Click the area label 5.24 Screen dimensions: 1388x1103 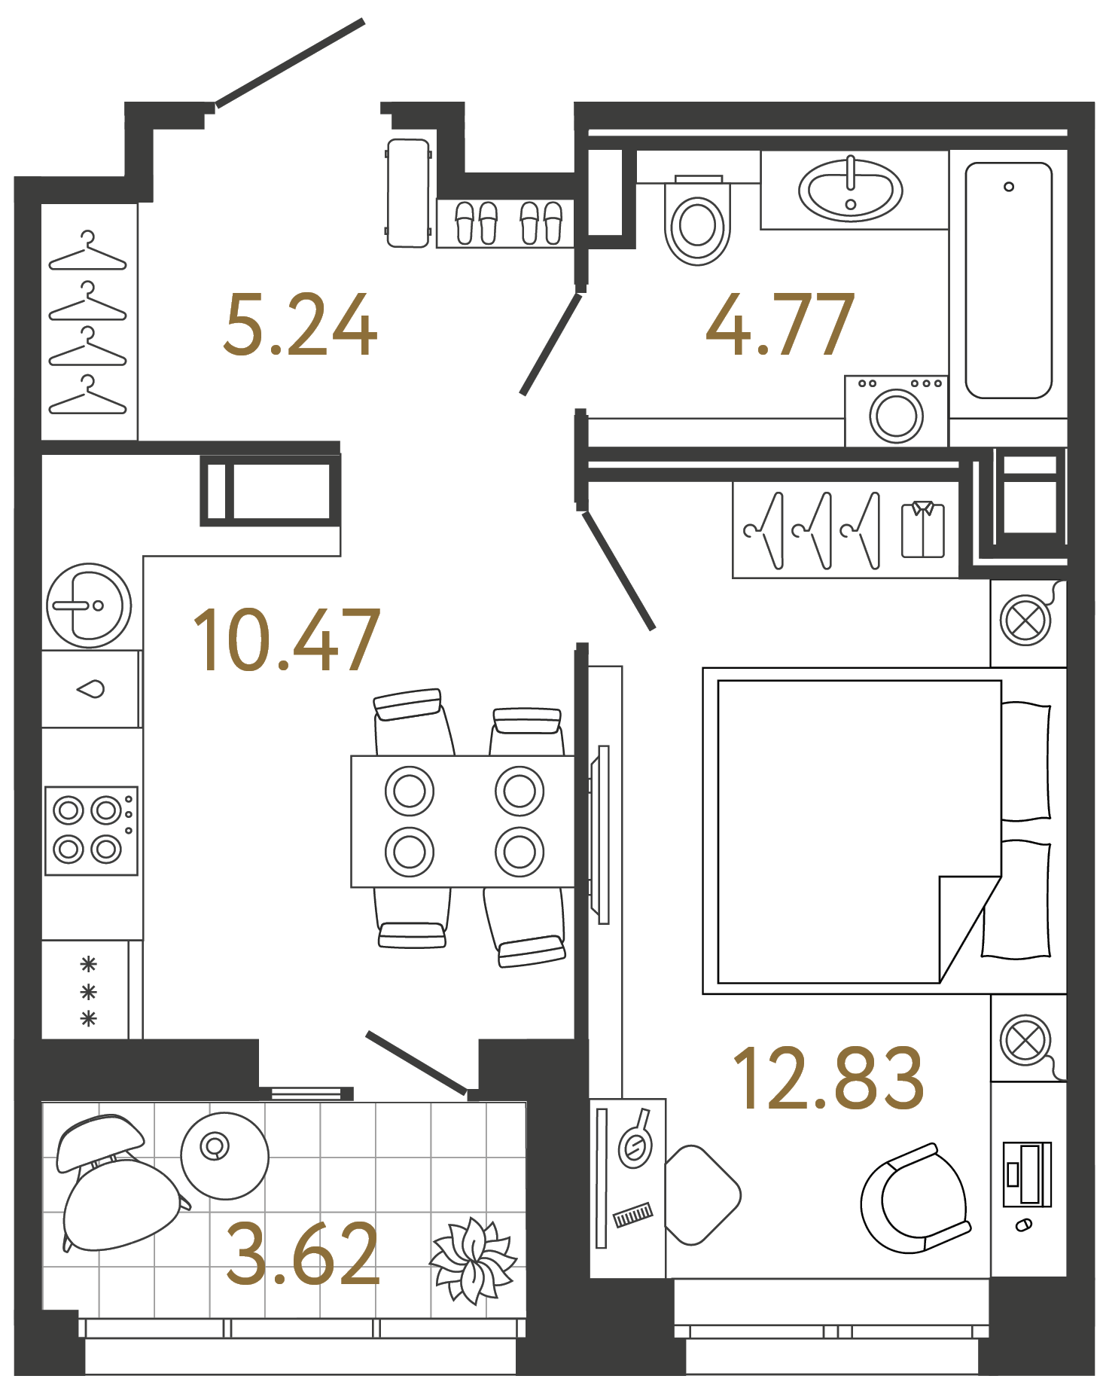[x=300, y=325]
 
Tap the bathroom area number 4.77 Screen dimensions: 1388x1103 [x=780, y=325]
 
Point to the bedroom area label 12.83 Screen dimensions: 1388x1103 [x=828, y=1079]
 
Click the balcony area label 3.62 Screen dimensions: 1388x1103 [x=303, y=1254]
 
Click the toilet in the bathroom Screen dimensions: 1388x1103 [x=697, y=224]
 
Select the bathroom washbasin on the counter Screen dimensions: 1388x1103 [x=850, y=190]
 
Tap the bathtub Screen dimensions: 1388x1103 [x=1008, y=280]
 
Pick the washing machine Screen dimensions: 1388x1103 [x=896, y=412]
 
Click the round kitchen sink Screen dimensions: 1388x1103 [x=89, y=606]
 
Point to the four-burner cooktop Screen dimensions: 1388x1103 [x=91, y=830]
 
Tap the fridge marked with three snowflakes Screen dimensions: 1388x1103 [x=89, y=990]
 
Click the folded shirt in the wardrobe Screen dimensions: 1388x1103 [x=923, y=529]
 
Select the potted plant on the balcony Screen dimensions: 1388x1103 [x=473, y=1260]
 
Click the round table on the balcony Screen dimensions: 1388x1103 [x=224, y=1156]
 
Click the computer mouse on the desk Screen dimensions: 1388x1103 [x=1023, y=1225]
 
